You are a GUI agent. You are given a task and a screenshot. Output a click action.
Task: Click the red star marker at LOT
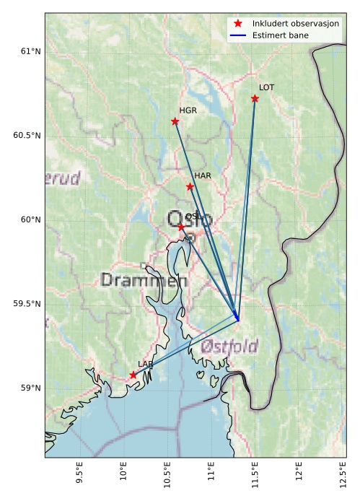255,98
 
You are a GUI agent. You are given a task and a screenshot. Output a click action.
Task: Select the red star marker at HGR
175,121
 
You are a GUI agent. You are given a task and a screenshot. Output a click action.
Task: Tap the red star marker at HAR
190,186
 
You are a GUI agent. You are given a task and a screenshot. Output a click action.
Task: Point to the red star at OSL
182,227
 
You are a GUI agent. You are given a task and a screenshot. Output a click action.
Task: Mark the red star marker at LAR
133,375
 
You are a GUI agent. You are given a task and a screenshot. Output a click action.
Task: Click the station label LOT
266,87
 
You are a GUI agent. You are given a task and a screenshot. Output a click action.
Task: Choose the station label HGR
188,110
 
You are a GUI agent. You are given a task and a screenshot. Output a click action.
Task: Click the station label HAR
202,175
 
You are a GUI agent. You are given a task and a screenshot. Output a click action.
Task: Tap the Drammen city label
145,279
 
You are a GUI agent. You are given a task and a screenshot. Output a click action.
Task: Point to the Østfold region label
229,346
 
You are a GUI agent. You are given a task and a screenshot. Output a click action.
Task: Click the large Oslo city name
189,219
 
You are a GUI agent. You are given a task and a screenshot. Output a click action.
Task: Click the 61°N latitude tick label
30,51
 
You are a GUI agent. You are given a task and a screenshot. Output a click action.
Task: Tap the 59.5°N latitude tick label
27,304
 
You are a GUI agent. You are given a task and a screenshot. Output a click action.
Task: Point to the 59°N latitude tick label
30,388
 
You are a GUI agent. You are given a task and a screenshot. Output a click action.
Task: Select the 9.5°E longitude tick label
81,476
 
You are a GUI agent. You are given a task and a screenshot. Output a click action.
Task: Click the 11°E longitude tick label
211,476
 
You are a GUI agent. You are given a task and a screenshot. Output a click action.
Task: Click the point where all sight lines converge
238,320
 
